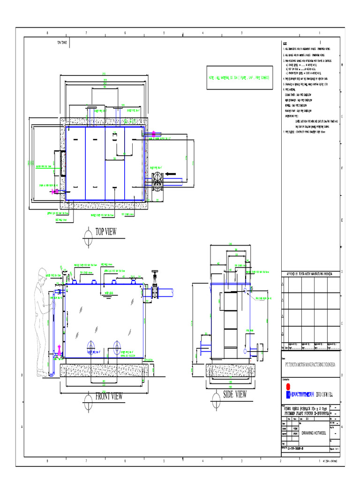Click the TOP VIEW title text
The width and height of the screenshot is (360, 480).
(106, 232)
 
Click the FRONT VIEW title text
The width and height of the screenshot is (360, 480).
(109, 396)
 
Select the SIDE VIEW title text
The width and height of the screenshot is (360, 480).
(235, 394)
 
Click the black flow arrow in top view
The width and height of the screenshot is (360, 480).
(175, 174)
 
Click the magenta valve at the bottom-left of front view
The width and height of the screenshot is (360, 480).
(59, 350)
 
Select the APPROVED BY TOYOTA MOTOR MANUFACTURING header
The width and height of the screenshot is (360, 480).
(308, 273)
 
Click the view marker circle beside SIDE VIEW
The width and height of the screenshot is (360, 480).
(216, 397)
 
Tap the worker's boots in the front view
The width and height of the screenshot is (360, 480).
(44, 374)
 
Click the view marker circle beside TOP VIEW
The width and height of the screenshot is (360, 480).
(87, 233)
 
